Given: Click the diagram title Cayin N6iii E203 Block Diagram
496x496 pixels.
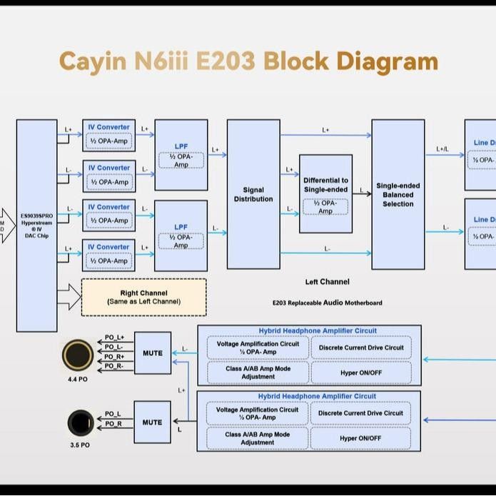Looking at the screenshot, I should pyautogui.click(x=248, y=61).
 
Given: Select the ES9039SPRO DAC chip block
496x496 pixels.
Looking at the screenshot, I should pyautogui.click(x=36, y=226).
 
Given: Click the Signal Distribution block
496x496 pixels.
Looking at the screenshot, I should pyautogui.click(x=253, y=194).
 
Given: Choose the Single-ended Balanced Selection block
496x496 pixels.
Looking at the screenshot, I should pyautogui.click(x=398, y=194).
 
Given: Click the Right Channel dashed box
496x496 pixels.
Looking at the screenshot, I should pyautogui.click(x=143, y=297).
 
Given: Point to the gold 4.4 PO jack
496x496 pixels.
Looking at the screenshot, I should pyautogui.click(x=78, y=354).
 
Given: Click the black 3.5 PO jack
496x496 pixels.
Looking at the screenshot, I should pyautogui.click(x=80, y=423).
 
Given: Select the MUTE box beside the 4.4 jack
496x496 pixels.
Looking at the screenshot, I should pyautogui.click(x=153, y=353).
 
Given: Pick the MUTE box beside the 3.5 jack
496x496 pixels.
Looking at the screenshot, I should pyautogui.click(x=152, y=422).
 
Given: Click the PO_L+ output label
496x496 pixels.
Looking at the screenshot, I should pyautogui.click(x=114, y=338).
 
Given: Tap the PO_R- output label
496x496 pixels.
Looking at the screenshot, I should pyautogui.click(x=114, y=366).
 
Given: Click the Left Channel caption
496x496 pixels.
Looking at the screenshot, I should pyautogui.click(x=327, y=282).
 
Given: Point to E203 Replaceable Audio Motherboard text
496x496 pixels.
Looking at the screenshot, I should pyautogui.click(x=327, y=303).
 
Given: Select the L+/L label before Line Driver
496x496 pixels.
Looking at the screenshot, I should pyautogui.click(x=442, y=149).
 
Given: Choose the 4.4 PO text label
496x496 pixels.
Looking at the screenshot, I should pyautogui.click(x=78, y=379).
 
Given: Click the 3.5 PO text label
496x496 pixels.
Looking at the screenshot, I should pyautogui.click(x=80, y=445).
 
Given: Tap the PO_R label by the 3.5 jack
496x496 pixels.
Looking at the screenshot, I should pyautogui.click(x=113, y=424).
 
